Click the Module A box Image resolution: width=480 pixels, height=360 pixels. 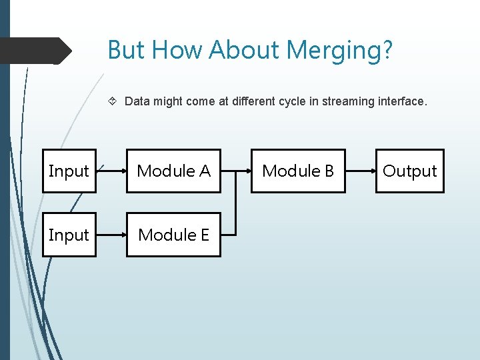pos(173,171)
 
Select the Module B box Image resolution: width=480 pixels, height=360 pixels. pos(298,171)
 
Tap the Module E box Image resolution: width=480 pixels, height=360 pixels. pos(173,235)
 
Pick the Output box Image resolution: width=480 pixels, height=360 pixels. pos(409,171)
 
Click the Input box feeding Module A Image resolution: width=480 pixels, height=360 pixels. pos(69,171)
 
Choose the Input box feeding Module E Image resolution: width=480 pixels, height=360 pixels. pos(69,235)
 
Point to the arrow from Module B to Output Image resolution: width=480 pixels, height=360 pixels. pos(360,171)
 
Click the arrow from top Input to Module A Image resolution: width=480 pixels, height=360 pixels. pos(111,171)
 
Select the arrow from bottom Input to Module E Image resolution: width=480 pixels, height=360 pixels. pos(111,235)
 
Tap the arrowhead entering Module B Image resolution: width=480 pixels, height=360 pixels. pos(248,171)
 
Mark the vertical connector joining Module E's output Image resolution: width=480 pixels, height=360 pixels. pos(236,203)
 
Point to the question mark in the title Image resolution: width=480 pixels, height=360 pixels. pos(388,50)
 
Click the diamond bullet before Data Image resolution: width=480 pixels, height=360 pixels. pos(113,101)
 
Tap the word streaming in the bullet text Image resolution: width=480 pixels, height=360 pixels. pos(348,101)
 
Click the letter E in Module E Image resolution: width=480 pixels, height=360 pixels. pos(204,235)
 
